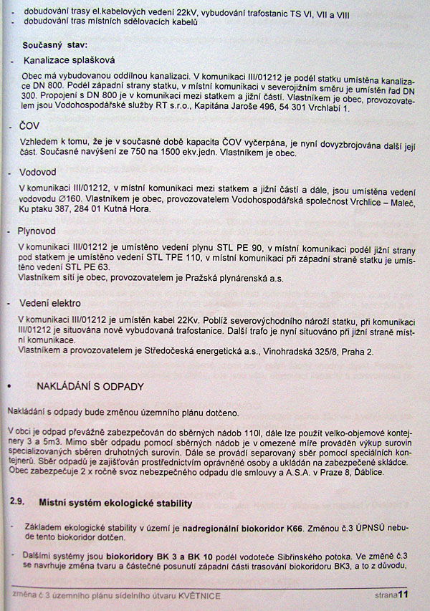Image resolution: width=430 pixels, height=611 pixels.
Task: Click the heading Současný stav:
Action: (54, 44)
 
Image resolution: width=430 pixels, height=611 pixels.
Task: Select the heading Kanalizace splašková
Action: (69, 61)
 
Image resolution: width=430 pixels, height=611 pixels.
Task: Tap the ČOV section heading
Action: (32, 126)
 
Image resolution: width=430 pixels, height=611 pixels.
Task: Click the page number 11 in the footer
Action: (403, 595)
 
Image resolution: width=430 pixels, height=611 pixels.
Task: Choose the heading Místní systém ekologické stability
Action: (115, 504)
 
